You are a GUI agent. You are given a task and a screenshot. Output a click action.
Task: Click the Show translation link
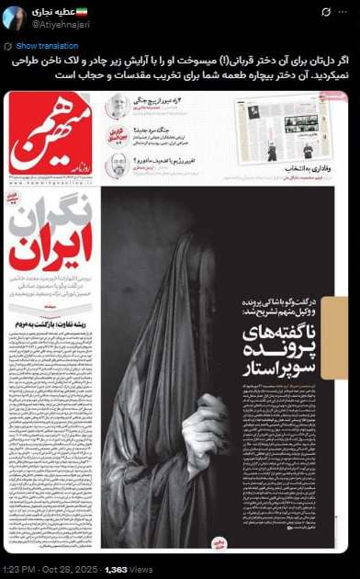click(x=40, y=45)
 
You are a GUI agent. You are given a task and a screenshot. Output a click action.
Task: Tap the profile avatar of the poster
click(x=16, y=17)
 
